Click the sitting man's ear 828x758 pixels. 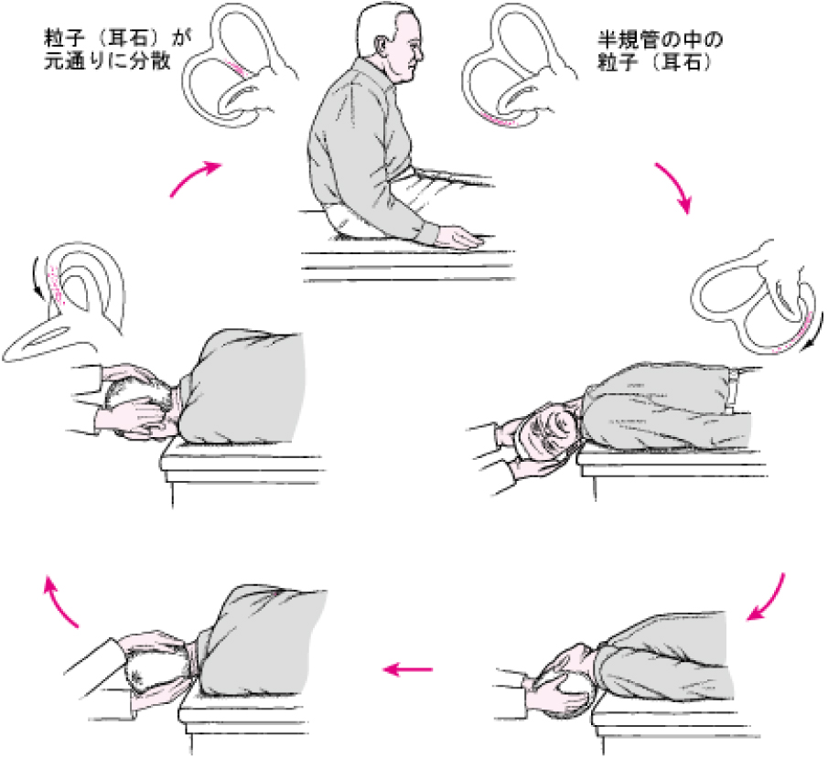379,44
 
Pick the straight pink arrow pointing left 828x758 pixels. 408,670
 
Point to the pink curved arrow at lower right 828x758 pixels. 770,600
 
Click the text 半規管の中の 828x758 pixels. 660,40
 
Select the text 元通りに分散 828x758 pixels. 107,61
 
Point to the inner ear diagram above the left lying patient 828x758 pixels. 66,301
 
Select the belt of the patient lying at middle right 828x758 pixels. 733,390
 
